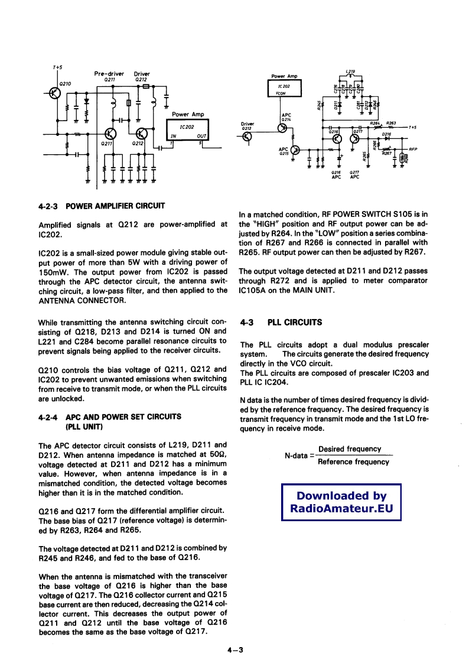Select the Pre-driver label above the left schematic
pyautogui.click(x=109, y=74)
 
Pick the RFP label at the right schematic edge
pyautogui.click(x=413, y=149)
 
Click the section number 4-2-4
pyautogui.click(x=48, y=417)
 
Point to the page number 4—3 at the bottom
pyautogui.click(x=234, y=650)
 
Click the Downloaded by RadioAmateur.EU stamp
pyautogui.click(x=341, y=502)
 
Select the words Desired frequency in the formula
pyautogui.click(x=349, y=449)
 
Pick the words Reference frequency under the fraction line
pyautogui.click(x=353, y=461)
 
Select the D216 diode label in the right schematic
pyautogui.click(x=387, y=134)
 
